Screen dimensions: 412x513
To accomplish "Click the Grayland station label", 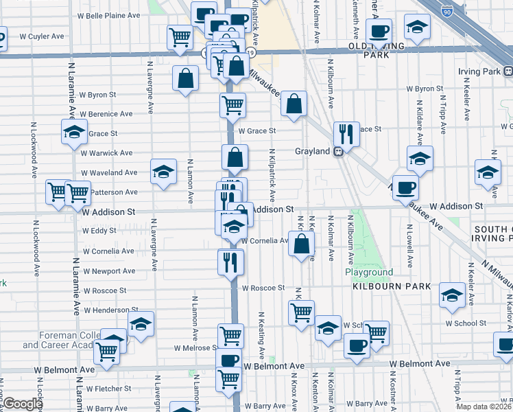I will click(313, 151).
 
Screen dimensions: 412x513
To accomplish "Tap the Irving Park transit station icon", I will click(508, 71).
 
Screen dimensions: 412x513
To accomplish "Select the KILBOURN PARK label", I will click(392, 286).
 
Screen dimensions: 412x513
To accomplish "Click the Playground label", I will click(369, 273).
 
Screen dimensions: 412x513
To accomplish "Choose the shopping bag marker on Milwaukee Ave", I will click(294, 104).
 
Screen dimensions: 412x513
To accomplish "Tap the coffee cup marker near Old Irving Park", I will click(379, 31).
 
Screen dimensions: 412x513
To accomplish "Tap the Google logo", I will click(22, 404).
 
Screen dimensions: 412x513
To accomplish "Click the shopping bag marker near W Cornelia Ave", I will click(302, 243).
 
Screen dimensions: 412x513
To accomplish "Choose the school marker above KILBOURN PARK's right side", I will click(453, 295).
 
